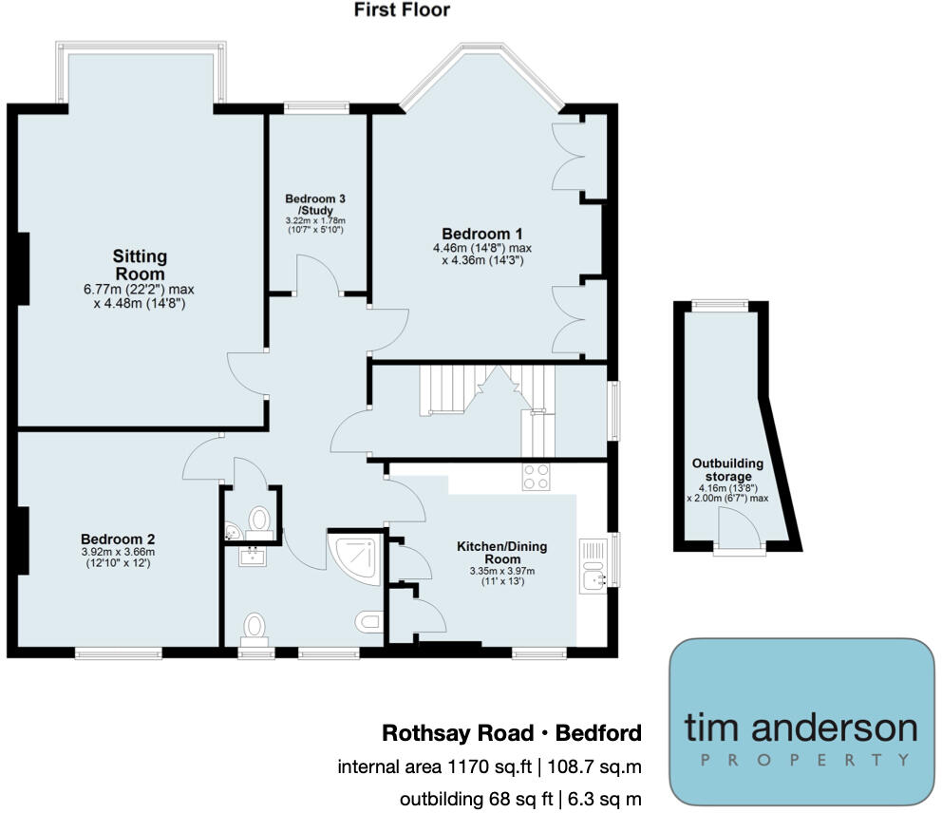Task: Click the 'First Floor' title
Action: pyautogui.click(x=402, y=10)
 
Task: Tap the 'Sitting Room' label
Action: pyautogui.click(x=140, y=265)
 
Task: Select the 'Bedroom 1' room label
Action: pyautogui.click(x=481, y=234)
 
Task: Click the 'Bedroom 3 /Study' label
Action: pyautogui.click(x=314, y=204)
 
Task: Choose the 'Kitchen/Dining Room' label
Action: pyautogui.click(x=501, y=553)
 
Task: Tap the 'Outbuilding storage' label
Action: pyautogui.click(x=728, y=469)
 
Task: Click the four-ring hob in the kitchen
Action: pyautogui.click(x=536, y=477)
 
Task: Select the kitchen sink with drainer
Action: pyautogui.click(x=594, y=568)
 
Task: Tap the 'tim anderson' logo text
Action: pyautogui.click(x=801, y=728)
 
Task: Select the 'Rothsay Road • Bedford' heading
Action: pyautogui.click(x=511, y=733)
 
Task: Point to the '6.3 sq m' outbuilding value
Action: pyautogui.click(x=605, y=800)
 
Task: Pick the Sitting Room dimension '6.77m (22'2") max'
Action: pyautogui.click(x=139, y=289)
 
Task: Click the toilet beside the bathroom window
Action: pyautogui.click(x=254, y=629)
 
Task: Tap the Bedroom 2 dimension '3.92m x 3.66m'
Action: pyautogui.click(x=117, y=551)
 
